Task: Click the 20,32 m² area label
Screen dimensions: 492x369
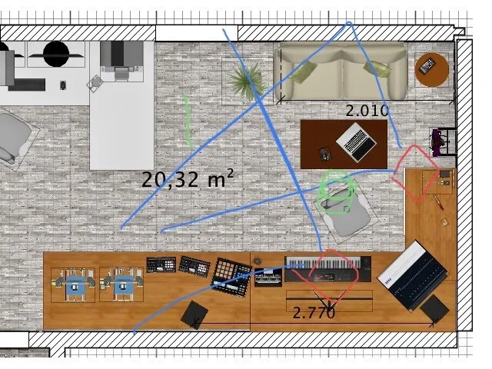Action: tap(188, 178)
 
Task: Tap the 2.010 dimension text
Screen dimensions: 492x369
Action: tap(367, 111)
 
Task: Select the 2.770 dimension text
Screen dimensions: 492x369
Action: tap(314, 313)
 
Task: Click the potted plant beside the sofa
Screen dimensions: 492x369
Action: tap(245, 80)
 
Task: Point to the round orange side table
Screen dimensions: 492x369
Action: tap(432, 70)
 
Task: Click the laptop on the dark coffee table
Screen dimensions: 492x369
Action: tap(357, 141)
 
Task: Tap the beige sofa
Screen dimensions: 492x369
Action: tap(341, 71)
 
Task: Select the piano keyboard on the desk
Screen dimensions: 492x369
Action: tap(328, 269)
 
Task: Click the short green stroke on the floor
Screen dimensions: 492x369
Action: tap(188, 121)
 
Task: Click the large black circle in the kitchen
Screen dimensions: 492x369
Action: tap(56, 54)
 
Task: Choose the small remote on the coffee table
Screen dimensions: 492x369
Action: tap(324, 154)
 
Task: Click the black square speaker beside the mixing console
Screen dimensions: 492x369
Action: tap(435, 309)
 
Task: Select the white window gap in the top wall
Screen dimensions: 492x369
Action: tap(197, 33)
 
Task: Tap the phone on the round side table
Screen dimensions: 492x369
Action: tap(428, 66)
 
